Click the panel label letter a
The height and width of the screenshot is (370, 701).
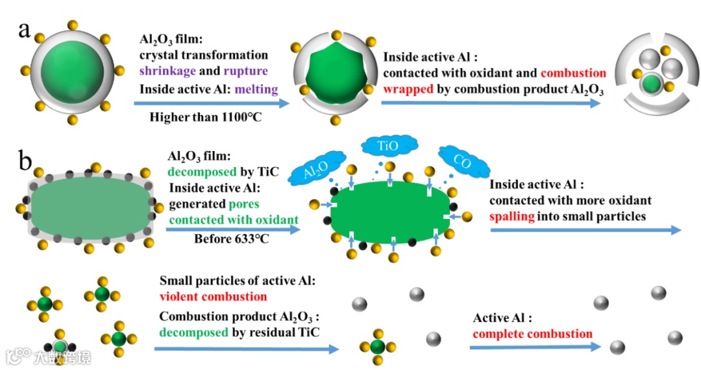[26, 30]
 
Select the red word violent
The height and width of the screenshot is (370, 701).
[180, 297]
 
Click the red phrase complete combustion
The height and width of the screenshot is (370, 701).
[532, 334]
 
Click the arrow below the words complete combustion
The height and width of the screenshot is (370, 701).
[534, 347]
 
